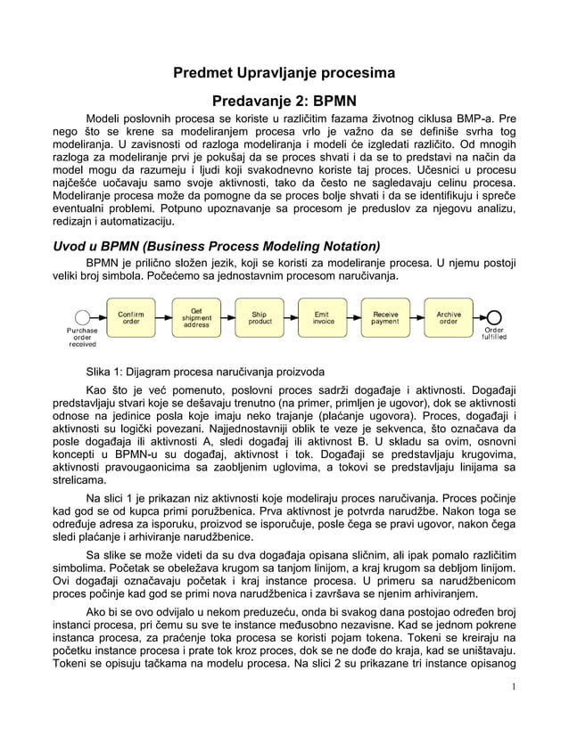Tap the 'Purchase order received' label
[82, 338]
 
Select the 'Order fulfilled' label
[495, 334]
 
